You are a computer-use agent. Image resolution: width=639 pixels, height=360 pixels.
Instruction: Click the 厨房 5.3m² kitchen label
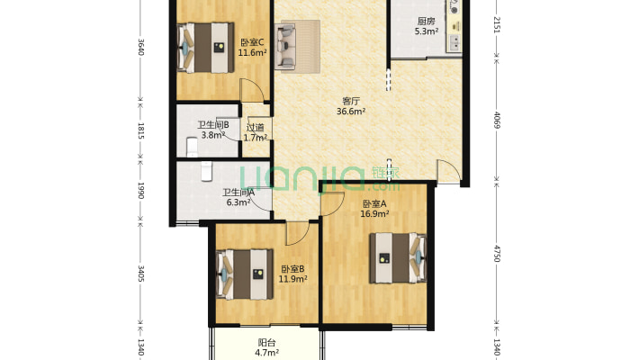point(427,26)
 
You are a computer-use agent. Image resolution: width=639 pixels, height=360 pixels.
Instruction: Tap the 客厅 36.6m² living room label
point(350,106)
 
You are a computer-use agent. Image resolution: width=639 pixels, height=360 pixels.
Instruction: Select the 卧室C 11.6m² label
point(252,47)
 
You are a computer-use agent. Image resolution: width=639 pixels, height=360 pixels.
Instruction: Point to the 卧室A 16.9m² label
point(374,208)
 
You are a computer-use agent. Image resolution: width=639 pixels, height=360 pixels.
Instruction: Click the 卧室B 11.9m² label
point(292,274)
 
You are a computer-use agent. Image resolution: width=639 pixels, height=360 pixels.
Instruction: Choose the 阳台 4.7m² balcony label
point(267,347)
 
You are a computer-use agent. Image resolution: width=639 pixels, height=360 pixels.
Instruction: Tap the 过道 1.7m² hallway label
point(255,132)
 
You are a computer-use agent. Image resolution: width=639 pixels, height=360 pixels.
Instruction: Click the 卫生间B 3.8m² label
point(212,130)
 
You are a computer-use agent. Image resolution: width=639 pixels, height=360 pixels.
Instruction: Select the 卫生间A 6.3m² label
point(238,197)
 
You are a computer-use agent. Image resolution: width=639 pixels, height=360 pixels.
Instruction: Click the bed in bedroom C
point(206,48)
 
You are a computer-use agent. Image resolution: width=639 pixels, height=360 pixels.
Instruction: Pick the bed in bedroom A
point(398,258)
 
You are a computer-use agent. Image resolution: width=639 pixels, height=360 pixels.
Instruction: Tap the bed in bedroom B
point(245,274)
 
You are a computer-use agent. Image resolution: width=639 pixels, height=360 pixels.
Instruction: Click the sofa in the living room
point(285,46)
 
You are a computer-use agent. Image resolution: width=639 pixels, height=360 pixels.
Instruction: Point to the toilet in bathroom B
point(192,148)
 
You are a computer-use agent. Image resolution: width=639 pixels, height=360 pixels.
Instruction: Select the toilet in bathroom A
point(207,171)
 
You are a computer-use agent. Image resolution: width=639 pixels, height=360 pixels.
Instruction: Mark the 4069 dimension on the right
point(497,120)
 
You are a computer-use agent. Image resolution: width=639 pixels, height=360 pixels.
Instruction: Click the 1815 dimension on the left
point(140,130)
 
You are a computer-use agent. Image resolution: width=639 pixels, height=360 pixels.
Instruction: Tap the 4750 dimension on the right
point(497,253)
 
